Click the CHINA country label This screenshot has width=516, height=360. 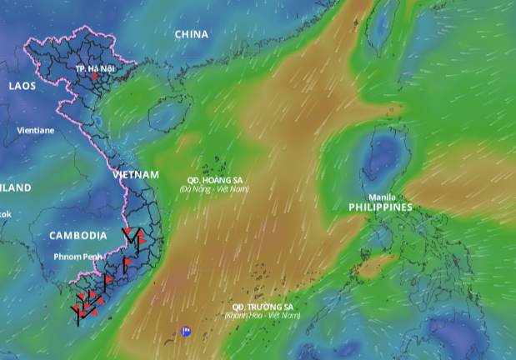click(192, 34)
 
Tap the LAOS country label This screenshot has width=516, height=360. click(22, 85)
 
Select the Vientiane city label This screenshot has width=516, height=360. click(36, 131)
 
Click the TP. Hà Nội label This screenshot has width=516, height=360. click(93, 67)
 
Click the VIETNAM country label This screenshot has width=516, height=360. click(135, 174)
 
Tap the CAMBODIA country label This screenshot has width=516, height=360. click(78, 235)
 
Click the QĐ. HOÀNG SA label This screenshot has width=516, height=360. click(215, 181)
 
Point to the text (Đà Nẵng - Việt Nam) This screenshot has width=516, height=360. click(215, 189)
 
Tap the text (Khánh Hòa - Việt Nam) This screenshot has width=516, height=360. click(262, 315)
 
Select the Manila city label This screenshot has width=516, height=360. click(383, 197)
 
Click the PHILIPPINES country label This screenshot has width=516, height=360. click(380, 207)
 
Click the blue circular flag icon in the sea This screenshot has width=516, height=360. click(186, 331)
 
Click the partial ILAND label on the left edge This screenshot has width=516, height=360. click(15, 187)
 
